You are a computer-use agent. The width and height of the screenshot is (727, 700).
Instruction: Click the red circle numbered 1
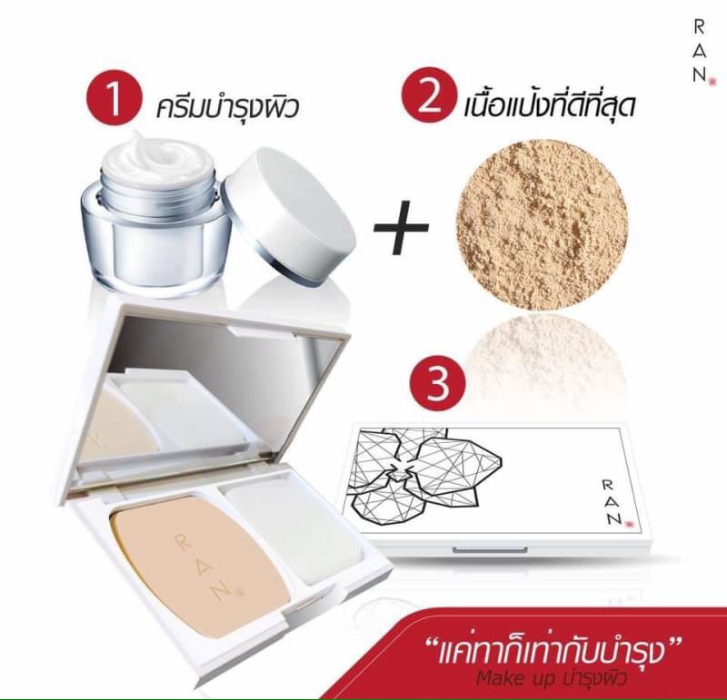114,98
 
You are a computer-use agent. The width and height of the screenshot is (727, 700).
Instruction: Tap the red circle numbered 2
429,95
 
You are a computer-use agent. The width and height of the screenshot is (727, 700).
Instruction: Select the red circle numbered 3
437,383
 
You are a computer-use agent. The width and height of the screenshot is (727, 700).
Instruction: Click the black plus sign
401,228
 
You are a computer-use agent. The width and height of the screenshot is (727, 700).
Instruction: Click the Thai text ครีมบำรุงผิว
228,107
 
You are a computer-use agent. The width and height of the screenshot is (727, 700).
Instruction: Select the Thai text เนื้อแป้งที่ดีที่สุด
550,104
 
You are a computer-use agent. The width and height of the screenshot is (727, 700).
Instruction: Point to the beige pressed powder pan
198,567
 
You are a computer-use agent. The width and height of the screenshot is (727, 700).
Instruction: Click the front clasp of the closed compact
490,550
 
